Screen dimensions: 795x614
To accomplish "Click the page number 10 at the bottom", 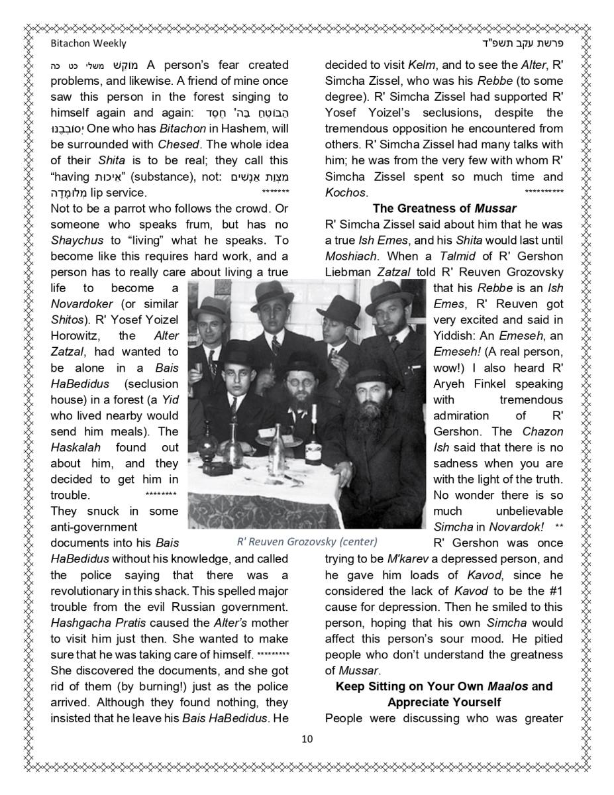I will [x=307, y=739].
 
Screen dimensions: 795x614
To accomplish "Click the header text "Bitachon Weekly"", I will [x=88, y=43].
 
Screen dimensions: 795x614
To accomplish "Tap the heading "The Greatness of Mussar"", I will [x=444, y=209].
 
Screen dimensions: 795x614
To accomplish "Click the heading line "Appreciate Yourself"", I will [x=444, y=702].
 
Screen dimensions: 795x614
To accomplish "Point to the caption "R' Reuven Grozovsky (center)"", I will [x=307, y=541].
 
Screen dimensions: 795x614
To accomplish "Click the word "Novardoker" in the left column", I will [x=81, y=304].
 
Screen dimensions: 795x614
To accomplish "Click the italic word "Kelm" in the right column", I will [x=421, y=66].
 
